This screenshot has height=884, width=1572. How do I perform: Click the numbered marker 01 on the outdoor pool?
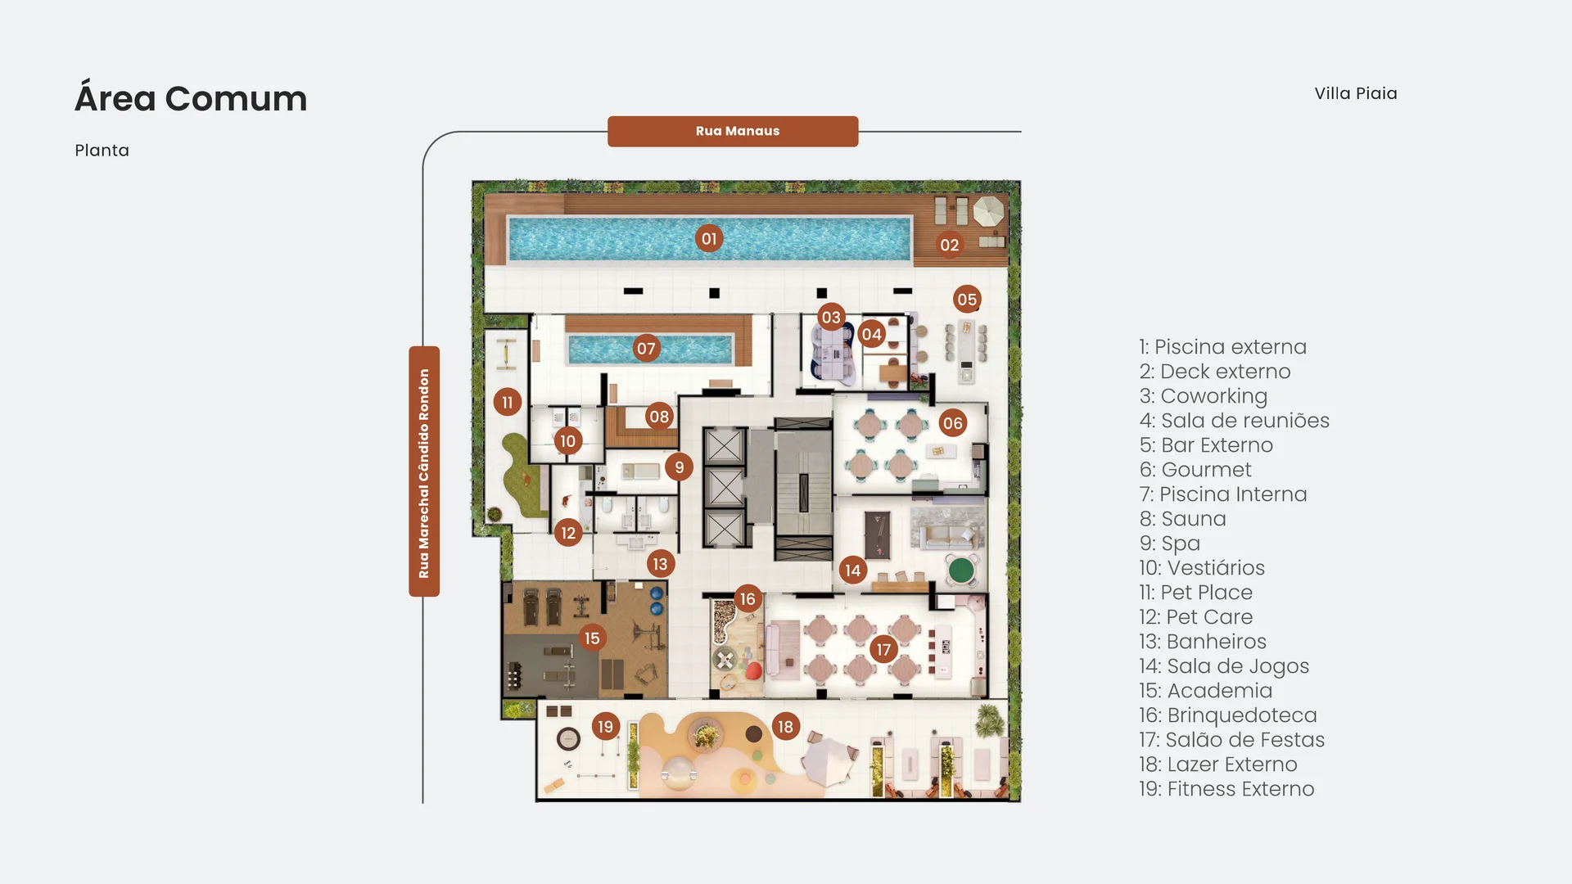(709, 239)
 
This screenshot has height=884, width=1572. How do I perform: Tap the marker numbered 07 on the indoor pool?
(646, 349)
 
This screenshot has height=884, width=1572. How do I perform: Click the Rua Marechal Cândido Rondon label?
(424, 471)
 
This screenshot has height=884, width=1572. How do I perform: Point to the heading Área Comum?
(191, 98)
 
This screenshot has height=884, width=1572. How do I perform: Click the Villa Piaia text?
(1356, 93)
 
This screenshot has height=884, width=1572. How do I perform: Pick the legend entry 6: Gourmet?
(1195, 470)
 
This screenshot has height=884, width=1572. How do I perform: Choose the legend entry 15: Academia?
(1205, 691)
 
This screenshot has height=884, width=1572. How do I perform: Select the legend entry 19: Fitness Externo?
(1226, 789)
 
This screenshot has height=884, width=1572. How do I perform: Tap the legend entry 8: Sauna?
(1183, 519)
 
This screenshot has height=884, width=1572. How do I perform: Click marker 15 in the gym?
(592, 638)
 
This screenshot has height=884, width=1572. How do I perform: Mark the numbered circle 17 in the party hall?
(883, 650)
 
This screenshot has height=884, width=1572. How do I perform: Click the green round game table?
(961, 569)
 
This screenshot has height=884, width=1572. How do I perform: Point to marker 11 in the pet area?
(508, 402)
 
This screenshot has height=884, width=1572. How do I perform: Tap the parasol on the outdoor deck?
(988, 211)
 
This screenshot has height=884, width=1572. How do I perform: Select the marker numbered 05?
(967, 300)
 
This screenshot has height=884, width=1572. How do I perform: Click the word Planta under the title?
(102, 151)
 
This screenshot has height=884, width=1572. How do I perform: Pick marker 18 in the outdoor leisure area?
(785, 727)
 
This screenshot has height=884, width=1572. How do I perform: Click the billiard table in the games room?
(877, 534)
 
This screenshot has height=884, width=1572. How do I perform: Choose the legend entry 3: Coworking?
(1203, 396)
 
